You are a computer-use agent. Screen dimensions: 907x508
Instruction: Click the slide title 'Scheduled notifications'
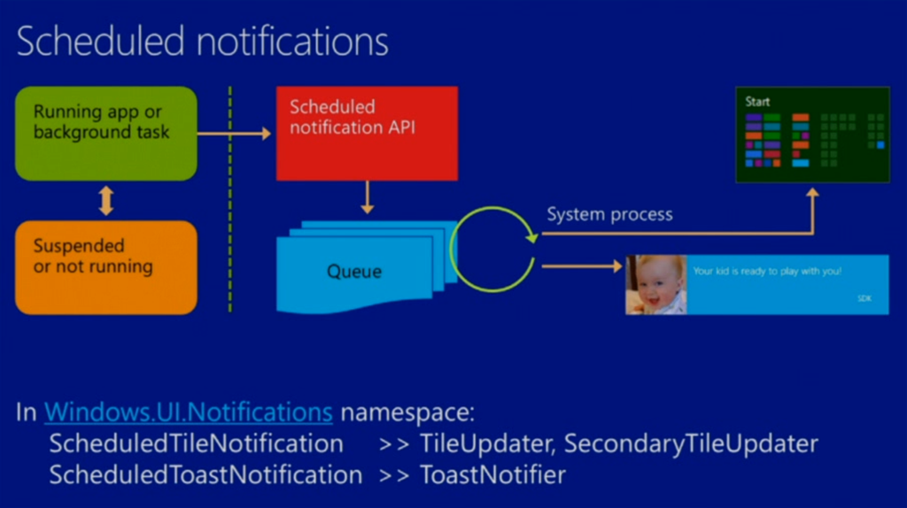pyautogui.click(x=202, y=42)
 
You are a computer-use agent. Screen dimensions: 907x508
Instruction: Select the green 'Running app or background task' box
pyautogui.click(x=105, y=133)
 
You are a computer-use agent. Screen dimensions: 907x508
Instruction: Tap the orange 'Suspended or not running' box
pyautogui.click(x=105, y=266)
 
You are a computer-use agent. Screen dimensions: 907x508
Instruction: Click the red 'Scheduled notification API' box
pyautogui.click(x=367, y=133)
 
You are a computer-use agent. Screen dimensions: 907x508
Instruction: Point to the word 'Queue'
pyautogui.click(x=354, y=271)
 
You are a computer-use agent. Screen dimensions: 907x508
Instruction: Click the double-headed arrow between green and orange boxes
pyautogui.click(x=106, y=201)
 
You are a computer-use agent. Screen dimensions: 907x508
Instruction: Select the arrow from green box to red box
pyautogui.click(x=234, y=134)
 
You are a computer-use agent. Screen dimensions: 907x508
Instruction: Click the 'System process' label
pyautogui.click(x=609, y=214)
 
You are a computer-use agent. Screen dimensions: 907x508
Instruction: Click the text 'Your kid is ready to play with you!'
pyautogui.click(x=767, y=271)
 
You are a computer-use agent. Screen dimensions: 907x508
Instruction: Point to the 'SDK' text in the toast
pyautogui.click(x=864, y=298)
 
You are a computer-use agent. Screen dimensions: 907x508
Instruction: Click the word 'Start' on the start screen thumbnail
pyautogui.click(x=757, y=102)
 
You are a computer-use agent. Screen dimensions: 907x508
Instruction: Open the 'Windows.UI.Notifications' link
pyautogui.click(x=189, y=412)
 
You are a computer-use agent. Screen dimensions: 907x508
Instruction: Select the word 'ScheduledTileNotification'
pyautogui.click(x=196, y=443)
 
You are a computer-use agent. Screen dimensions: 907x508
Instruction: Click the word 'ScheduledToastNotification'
pyautogui.click(x=205, y=474)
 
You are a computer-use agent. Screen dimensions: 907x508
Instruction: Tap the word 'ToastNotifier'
pyautogui.click(x=492, y=474)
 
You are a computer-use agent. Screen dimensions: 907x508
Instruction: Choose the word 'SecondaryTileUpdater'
pyautogui.click(x=691, y=443)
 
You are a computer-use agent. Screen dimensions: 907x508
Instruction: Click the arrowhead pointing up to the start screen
pyautogui.click(x=811, y=191)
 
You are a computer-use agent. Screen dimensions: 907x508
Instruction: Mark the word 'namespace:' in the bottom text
pyautogui.click(x=408, y=412)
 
